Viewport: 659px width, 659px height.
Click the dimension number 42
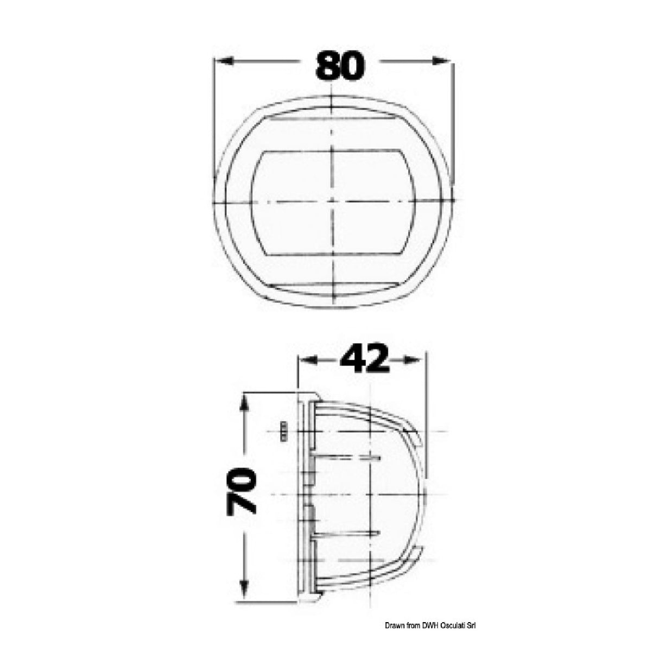pyautogui.click(x=364, y=360)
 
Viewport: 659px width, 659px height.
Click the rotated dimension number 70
pyautogui.click(x=242, y=491)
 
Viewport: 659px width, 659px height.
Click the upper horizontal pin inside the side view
pyautogui.click(x=347, y=458)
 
